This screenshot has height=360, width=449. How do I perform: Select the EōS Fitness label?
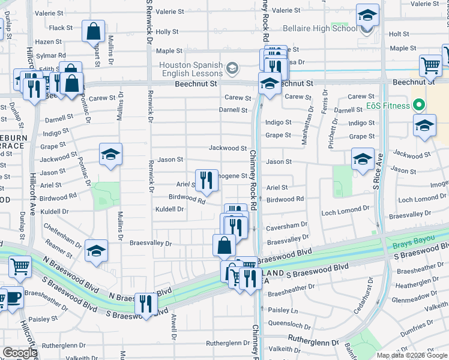point(388,106)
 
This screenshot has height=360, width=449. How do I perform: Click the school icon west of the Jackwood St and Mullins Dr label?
point(111,155)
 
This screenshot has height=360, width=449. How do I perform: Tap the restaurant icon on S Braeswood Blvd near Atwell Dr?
point(146,304)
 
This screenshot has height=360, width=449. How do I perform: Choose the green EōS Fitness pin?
point(420,105)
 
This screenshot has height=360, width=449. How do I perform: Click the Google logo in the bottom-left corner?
point(20,353)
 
